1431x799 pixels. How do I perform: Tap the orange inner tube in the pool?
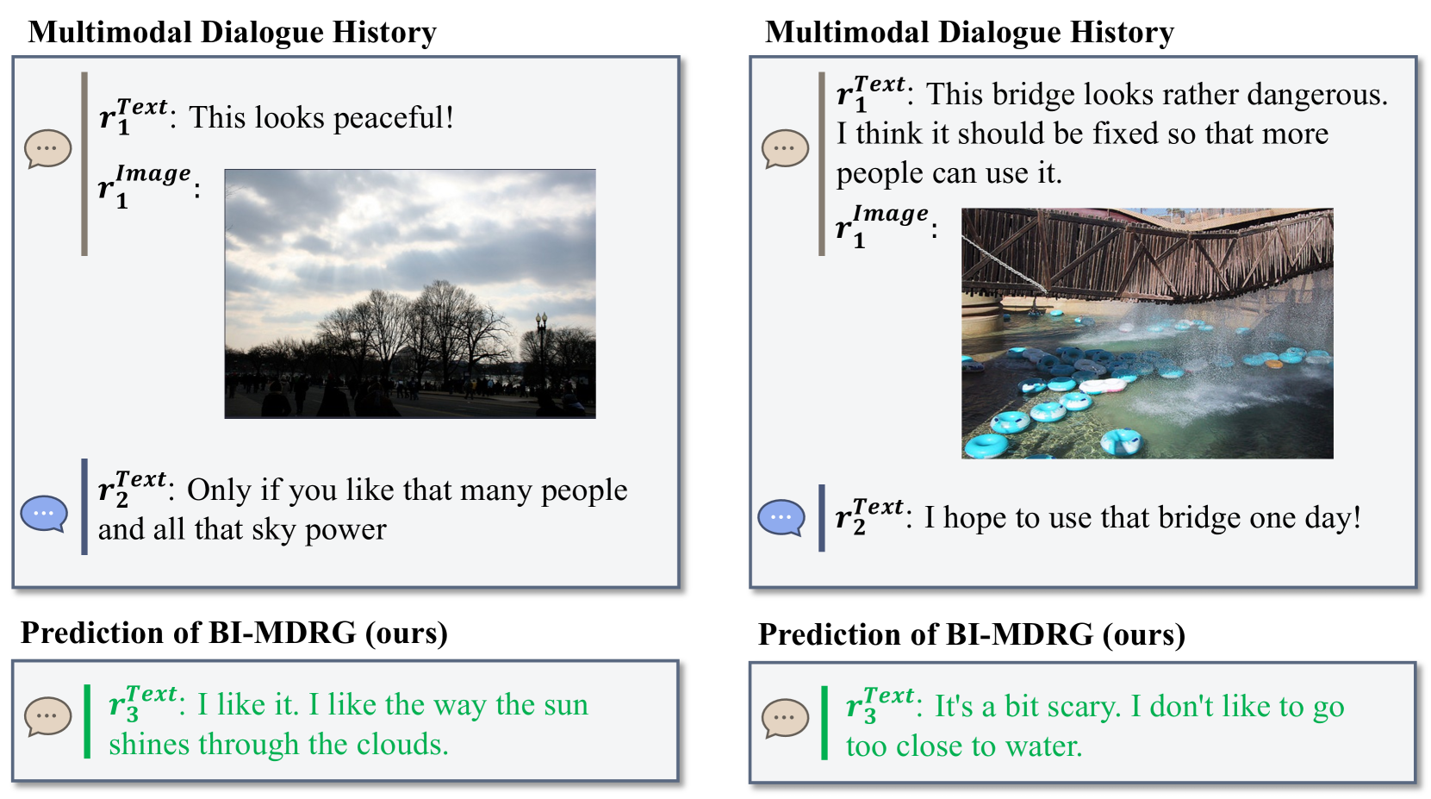[1274, 365]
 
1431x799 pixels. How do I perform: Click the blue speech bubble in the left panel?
[44, 514]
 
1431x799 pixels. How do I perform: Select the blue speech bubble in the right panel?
[781, 517]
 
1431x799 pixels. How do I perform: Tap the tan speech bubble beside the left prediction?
[48, 716]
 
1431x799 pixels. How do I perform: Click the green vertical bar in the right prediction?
[824, 723]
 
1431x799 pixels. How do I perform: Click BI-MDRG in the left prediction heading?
[283, 633]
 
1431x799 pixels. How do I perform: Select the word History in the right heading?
[1122, 32]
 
